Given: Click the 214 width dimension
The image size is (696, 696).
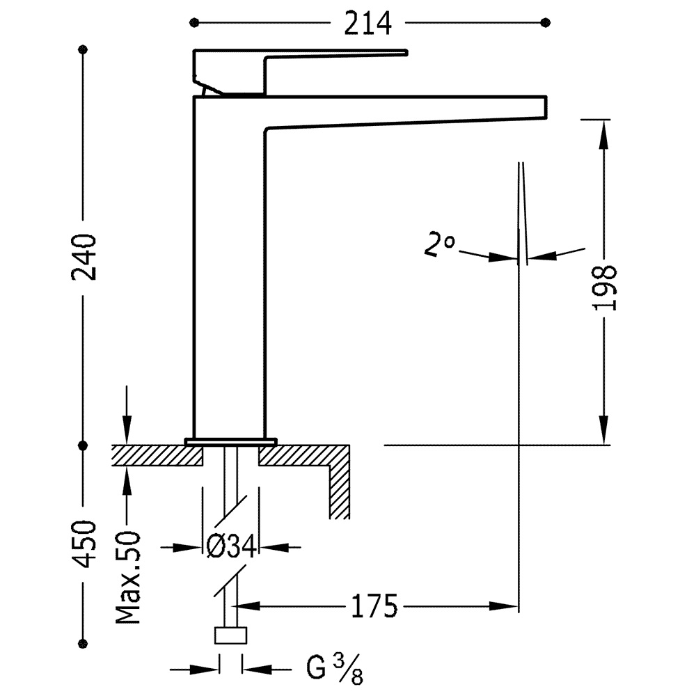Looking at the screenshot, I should click(367, 24).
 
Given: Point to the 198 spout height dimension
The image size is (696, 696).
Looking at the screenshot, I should click(606, 287).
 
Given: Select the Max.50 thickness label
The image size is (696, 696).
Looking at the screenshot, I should click(129, 578).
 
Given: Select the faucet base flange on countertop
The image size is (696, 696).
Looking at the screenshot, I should click(230, 441).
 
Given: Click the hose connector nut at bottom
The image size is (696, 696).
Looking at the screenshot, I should click(230, 635).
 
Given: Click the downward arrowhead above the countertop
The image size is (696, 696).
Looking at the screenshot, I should click(126, 428).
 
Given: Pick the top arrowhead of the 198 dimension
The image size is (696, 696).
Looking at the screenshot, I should click(604, 132).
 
